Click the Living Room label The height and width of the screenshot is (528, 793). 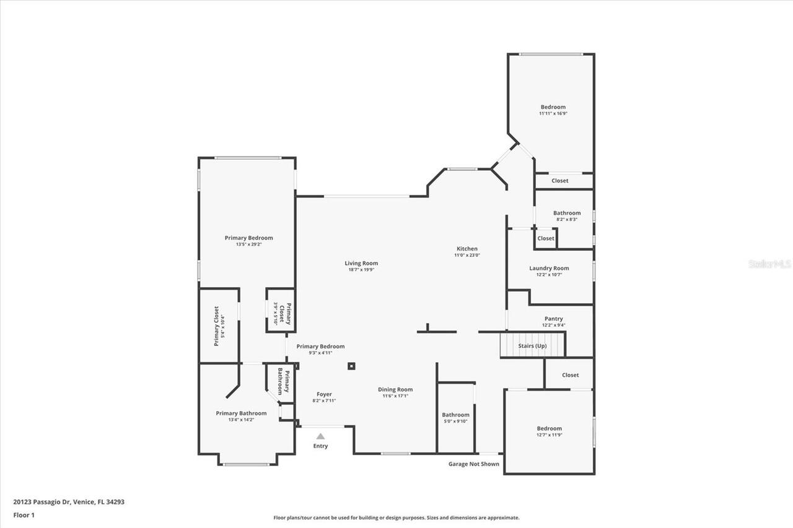tap(361, 263)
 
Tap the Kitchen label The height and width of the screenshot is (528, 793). tap(467, 249)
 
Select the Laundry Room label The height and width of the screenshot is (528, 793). tap(549, 268)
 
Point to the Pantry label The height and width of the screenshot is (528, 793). tap(553, 319)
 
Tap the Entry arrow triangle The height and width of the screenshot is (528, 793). tap(320, 436)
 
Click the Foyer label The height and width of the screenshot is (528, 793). tap(324, 394)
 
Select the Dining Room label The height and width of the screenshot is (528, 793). tap(395, 389)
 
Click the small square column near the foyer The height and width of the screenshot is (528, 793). tap(351, 366)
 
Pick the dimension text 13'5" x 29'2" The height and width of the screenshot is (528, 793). tap(248, 245)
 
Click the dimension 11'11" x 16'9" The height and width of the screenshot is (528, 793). tap(553, 113)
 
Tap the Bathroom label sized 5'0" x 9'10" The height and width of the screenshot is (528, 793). tap(455, 415)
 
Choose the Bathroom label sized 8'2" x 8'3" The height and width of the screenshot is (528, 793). tap(567, 213)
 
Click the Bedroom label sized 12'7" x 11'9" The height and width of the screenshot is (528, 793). tap(549, 428)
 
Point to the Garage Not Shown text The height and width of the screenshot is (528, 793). tap(473, 464)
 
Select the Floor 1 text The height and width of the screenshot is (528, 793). tap(24, 514)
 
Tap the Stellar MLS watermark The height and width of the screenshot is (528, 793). tap(769, 264)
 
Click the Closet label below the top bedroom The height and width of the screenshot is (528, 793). tap(559, 181)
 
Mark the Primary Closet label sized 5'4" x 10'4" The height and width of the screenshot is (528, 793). tap(216, 326)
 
